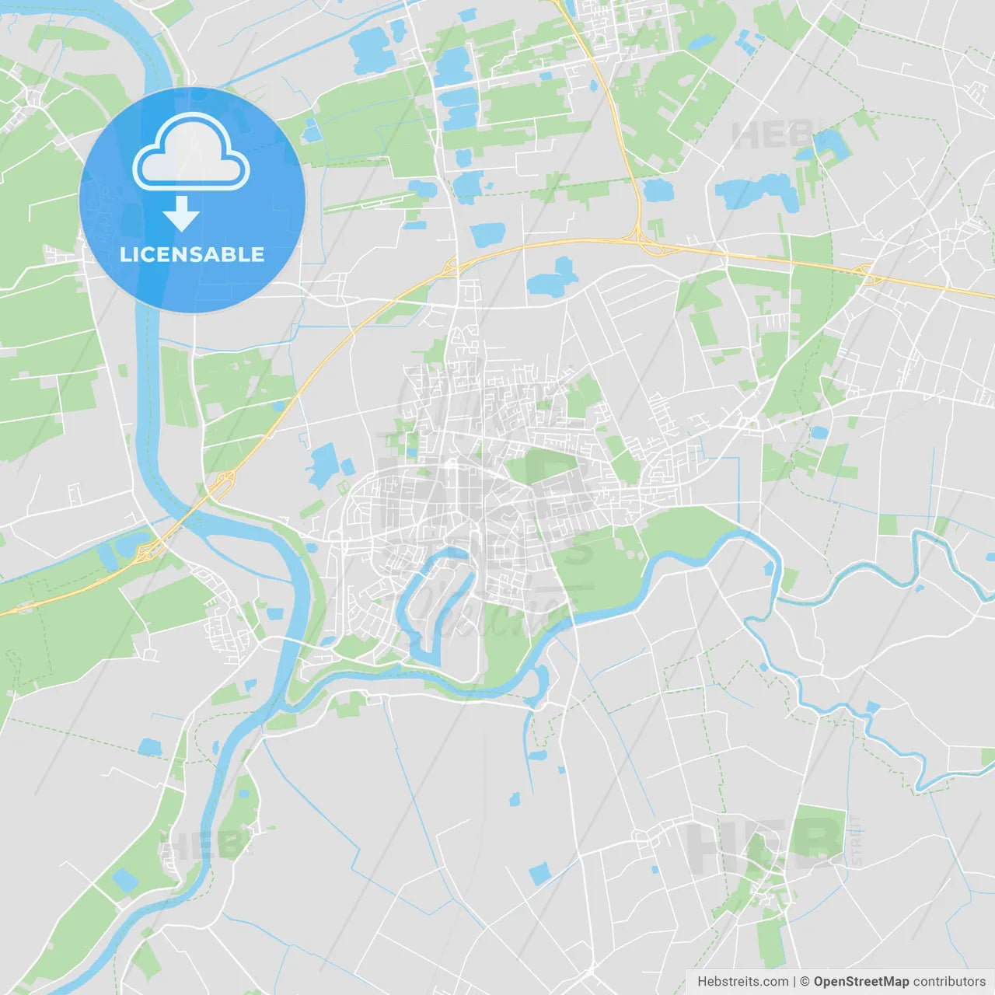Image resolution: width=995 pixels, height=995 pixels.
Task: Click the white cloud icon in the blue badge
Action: click(191, 152)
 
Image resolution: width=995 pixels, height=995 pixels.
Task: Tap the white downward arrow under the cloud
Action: click(181, 214)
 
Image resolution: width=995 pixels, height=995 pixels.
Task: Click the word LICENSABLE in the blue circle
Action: click(192, 255)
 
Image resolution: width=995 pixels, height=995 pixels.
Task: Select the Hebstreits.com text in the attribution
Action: click(742, 982)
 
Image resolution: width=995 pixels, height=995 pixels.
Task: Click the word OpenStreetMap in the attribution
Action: click(861, 982)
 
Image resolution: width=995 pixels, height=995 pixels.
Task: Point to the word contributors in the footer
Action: click(949, 982)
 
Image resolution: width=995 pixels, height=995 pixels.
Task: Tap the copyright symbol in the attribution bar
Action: click(805, 982)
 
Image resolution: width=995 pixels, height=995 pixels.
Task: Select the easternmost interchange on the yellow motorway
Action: click(866, 271)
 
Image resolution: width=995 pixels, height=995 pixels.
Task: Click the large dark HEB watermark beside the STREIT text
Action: click(762, 843)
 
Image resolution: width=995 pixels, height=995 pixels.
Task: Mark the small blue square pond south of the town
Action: click(539, 874)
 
